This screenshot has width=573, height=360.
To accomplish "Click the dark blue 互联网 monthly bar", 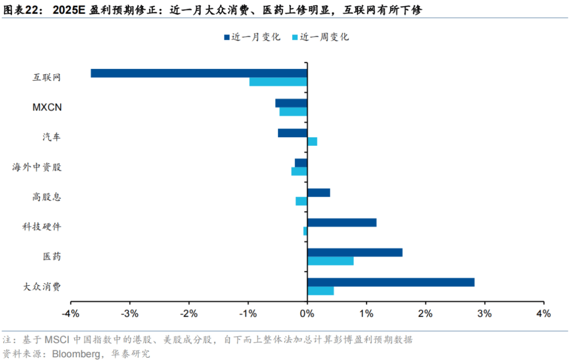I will click(199, 73).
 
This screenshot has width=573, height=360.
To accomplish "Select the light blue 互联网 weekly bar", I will click(278, 82).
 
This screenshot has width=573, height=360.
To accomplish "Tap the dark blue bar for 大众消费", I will click(390, 282).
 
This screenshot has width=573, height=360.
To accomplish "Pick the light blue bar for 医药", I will click(330, 261).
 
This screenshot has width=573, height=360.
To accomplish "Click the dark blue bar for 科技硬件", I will click(342, 223).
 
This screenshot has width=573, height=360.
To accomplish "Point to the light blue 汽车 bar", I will click(312, 142).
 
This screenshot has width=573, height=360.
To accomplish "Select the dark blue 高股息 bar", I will click(318, 192).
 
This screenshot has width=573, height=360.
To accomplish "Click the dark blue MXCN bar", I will click(291, 103).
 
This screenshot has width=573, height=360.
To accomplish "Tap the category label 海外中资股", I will click(37, 167).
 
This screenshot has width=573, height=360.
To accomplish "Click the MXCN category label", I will click(47, 107).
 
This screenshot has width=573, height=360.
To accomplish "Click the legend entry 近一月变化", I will click(251, 37).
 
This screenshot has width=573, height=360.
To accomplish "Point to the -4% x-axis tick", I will click(71, 314).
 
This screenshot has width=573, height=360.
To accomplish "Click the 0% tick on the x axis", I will click(307, 314).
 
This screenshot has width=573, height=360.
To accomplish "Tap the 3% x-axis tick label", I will click(484, 314).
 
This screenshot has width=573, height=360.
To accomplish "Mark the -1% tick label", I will click(248, 314).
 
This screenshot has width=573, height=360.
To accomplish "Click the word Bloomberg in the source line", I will click(74, 353).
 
